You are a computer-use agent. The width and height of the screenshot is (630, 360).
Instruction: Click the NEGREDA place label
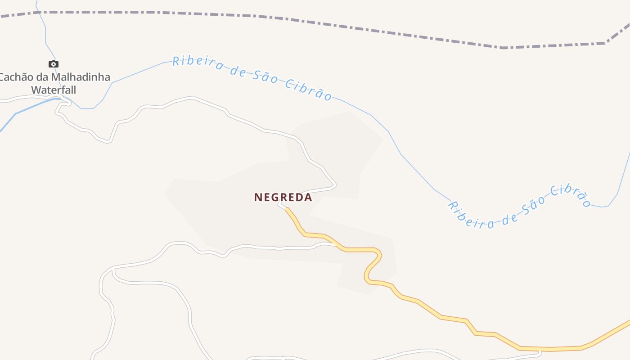click(283, 197)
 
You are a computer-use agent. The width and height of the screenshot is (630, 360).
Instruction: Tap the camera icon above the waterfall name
click(54, 64)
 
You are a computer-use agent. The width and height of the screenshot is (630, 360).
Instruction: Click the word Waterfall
click(54, 90)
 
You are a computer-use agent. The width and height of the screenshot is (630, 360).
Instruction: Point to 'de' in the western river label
click(238, 71)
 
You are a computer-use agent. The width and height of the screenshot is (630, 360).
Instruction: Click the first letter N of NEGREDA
click(258, 197)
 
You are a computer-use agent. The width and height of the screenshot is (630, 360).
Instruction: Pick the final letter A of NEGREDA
click(308, 197)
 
